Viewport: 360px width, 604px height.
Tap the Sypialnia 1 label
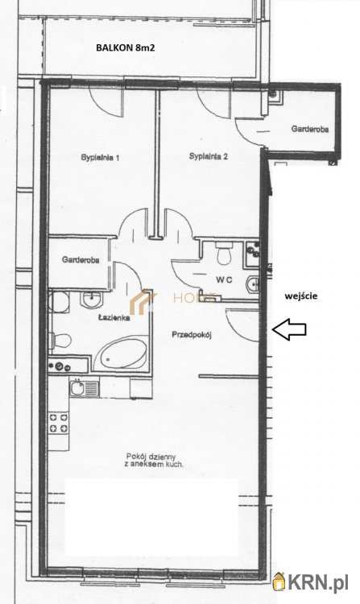[x=100, y=158]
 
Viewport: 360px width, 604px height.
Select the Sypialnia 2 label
[x=209, y=156]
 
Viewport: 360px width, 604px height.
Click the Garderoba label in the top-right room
[x=310, y=130]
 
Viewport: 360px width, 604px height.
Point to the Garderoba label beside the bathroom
[x=81, y=260]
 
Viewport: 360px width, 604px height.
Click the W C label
[x=224, y=280]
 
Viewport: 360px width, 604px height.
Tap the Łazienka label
[x=114, y=318]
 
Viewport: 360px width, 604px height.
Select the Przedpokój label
[x=192, y=335]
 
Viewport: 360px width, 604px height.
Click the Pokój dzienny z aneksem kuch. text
[x=154, y=461]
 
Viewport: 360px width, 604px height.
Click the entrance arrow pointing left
[x=289, y=329]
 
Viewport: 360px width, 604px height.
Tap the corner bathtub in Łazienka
[x=121, y=353]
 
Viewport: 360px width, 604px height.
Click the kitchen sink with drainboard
[x=85, y=388]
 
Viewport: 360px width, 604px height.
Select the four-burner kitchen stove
[x=59, y=423]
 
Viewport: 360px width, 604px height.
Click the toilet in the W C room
[x=223, y=254]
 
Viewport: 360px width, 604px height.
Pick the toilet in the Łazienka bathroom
[x=61, y=341]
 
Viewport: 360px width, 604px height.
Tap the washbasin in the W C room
[x=253, y=284]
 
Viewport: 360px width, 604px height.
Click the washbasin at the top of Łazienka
[x=90, y=299]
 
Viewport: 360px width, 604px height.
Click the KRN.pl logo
[x=310, y=581]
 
